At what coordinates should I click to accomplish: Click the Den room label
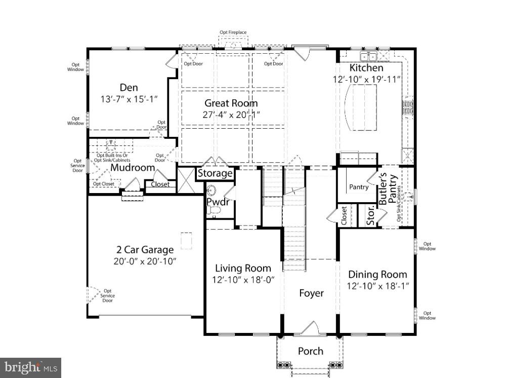click(129, 88)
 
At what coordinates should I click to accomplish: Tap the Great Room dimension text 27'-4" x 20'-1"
click(231, 115)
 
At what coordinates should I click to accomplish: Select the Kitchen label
click(366, 68)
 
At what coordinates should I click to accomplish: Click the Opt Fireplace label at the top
click(233, 32)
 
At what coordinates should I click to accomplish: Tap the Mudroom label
click(133, 168)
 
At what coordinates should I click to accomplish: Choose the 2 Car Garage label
click(145, 250)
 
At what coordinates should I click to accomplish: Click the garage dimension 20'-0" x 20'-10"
click(145, 261)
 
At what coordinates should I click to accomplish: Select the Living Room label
click(243, 268)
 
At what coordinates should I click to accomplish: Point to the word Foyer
click(311, 293)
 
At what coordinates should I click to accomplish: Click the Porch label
click(310, 351)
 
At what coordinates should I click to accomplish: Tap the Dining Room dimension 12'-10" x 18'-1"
click(377, 286)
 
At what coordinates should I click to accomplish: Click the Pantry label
click(359, 187)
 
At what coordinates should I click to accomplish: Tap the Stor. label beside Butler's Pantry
click(370, 214)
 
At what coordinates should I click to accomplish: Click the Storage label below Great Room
click(215, 174)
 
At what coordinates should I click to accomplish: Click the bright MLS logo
click(30, 367)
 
